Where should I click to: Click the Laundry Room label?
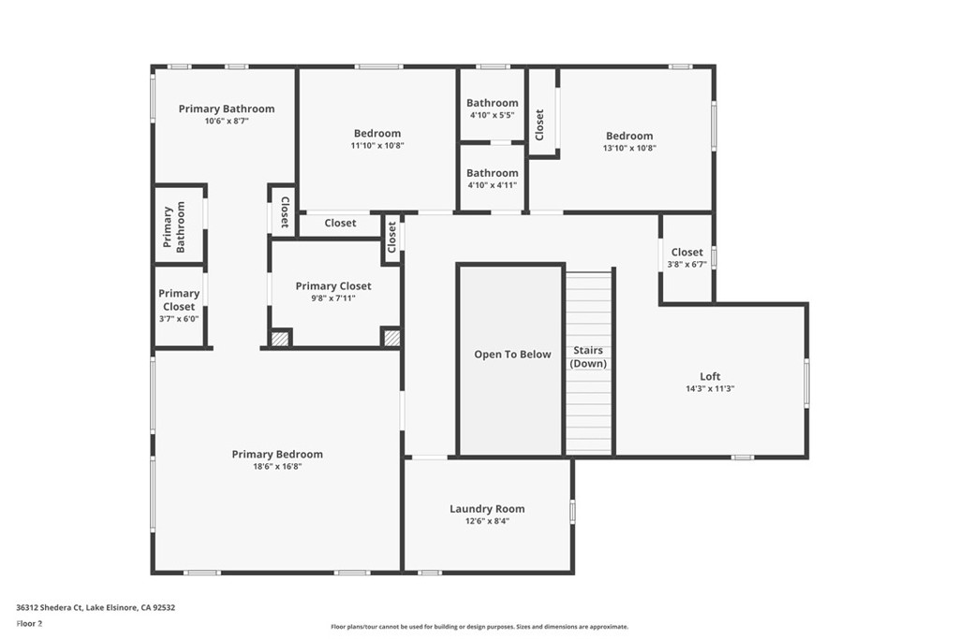pyautogui.click(x=487, y=509)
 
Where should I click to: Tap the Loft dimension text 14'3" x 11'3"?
pyautogui.click(x=710, y=388)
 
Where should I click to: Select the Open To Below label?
pyautogui.click(x=512, y=355)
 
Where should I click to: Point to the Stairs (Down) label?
pyautogui.click(x=588, y=356)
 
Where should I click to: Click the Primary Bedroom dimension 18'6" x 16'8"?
pyautogui.click(x=277, y=466)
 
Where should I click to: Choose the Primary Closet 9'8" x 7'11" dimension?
pyautogui.click(x=332, y=298)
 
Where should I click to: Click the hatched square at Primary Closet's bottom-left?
pyautogui.click(x=279, y=339)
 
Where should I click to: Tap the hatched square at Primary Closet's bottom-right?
pyautogui.click(x=391, y=338)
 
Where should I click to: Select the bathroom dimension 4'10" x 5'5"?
pyautogui.click(x=492, y=115)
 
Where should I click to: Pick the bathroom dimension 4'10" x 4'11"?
pyautogui.click(x=492, y=185)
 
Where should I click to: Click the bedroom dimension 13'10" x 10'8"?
pyautogui.click(x=629, y=148)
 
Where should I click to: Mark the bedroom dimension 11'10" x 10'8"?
pyautogui.click(x=377, y=145)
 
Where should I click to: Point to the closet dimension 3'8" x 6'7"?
pyautogui.click(x=686, y=264)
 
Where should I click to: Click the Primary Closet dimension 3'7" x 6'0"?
pyautogui.click(x=178, y=318)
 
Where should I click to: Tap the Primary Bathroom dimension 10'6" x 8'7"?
pyautogui.click(x=227, y=121)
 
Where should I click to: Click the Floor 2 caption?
pyautogui.click(x=29, y=623)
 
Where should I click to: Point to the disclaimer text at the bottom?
pyautogui.click(x=479, y=627)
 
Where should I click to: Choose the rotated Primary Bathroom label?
pyautogui.click(x=174, y=226)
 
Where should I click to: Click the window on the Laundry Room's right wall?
pyautogui.click(x=572, y=512)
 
